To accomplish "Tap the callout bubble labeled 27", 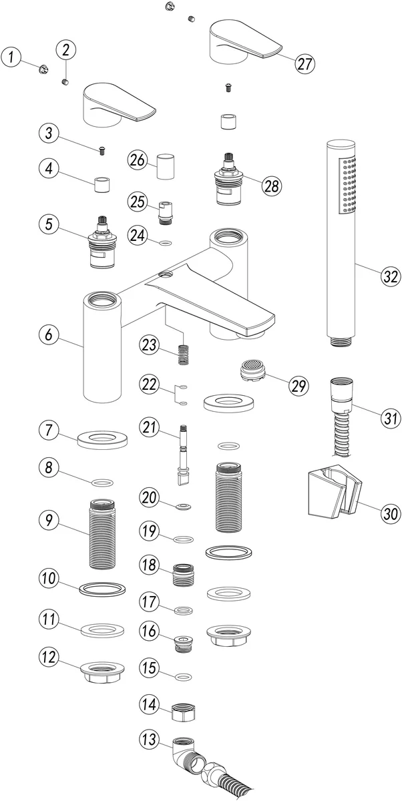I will pyautogui.click(x=305, y=64).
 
